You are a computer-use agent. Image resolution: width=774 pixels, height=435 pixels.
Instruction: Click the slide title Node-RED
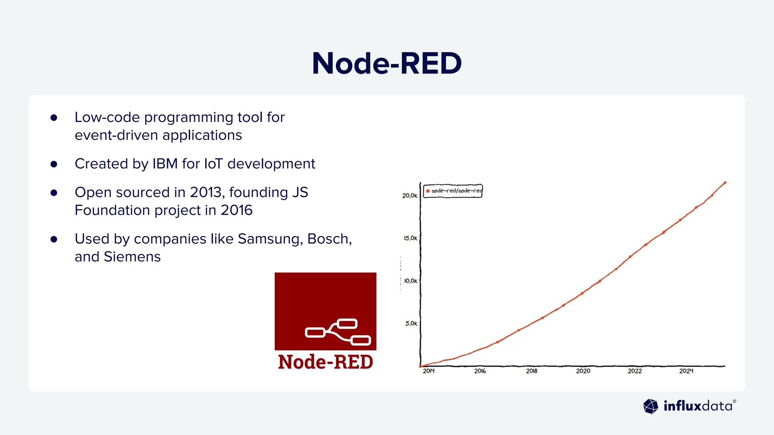coord(387,63)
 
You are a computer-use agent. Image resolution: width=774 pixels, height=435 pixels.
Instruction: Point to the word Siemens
coord(132,257)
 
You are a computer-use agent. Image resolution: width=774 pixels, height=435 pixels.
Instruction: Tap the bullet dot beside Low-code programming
coord(54,118)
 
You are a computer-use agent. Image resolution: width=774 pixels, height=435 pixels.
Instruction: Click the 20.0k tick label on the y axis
coord(410,196)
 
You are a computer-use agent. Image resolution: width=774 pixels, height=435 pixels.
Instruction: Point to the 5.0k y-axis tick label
coord(411,324)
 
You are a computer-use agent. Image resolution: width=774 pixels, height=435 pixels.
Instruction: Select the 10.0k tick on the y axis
coord(410,281)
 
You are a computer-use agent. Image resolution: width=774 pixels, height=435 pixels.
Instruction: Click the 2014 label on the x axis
coord(429,371)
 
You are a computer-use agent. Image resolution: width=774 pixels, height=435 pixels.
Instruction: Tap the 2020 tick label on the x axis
coord(583,371)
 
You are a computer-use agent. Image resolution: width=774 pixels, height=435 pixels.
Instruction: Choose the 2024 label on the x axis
coord(686,371)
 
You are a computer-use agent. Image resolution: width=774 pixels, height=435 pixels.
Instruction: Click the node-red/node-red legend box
coord(453,191)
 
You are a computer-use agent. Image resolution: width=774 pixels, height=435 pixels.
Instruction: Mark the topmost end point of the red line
coord(725,183)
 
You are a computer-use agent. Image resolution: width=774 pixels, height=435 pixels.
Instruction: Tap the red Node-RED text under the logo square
coord(325,362)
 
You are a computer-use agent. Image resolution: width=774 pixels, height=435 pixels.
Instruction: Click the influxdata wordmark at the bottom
coord(698,406)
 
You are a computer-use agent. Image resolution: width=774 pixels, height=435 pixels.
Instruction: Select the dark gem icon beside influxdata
coord(650,406)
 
